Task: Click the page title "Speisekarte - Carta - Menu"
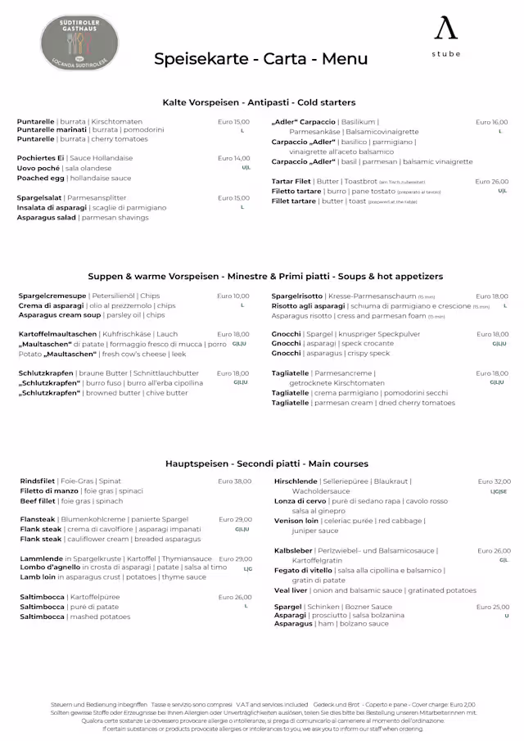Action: click(x=260, y=59)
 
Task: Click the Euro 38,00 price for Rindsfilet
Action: click(x=234, y=481)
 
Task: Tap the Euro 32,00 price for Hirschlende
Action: click(x=494, y=481)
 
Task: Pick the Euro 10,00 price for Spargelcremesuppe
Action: click(x=233, y=296)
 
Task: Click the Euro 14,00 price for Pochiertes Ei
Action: click(x=233, y=158)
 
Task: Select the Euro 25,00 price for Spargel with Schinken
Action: click(x=493, y=607)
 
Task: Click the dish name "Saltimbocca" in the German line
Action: click(x=43, y=597)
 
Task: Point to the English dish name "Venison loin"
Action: click(x=296, y=521)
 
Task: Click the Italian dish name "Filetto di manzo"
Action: click(x=49, y=491)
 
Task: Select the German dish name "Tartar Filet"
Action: click(x=291, y=182)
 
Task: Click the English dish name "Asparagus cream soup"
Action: click(x=60, y=315)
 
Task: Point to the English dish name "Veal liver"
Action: click(x=291, y=590)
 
